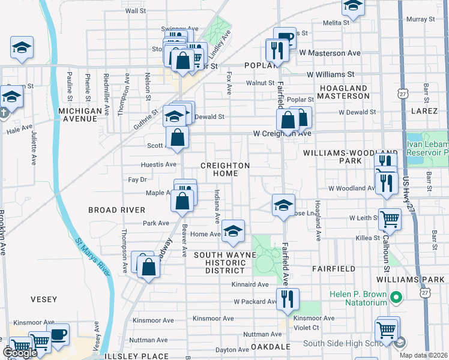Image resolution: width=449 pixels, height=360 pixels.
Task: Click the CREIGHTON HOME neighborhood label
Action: point(224,169)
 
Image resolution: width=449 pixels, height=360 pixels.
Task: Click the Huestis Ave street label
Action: point(158,164)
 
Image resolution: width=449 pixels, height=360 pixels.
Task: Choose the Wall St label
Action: point(135,11)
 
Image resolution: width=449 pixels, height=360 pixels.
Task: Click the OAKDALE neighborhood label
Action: point(271,347)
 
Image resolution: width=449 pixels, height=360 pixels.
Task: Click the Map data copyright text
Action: point(423,355)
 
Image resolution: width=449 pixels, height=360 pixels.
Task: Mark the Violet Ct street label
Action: point(306,328)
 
